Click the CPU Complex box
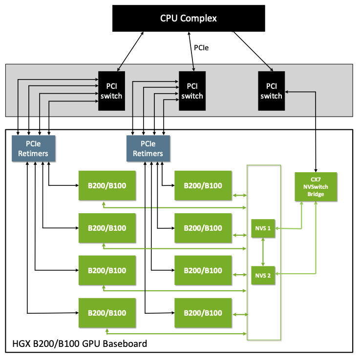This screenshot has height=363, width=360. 188,19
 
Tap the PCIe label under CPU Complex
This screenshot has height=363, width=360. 202,48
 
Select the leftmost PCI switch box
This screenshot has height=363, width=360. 111,91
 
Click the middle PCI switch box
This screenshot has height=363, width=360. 192,91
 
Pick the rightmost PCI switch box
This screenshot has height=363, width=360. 271,91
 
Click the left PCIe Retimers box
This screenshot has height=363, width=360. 33,148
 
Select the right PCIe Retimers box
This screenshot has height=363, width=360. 148,148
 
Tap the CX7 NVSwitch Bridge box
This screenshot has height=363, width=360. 316,186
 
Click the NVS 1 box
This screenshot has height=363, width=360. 263,228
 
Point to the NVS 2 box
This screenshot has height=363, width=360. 263,276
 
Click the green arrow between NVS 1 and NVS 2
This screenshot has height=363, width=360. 263,252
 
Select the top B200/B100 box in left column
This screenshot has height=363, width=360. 107,185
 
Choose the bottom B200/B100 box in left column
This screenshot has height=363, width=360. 107,313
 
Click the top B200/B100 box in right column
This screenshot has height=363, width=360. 203,185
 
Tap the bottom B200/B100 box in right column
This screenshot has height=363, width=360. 203,313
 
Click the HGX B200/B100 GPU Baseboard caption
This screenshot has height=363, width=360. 79,344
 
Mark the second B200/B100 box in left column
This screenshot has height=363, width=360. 107,228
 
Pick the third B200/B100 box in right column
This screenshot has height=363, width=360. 203,270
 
